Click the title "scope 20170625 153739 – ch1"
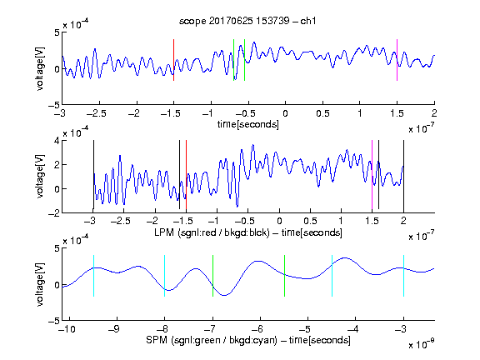coord(247,21)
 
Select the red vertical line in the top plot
coord(174,60)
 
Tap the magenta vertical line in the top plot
coord(397,60)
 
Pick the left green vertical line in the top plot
coord(233,60)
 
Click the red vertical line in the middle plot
coord(186,174)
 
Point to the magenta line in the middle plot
coord(372,174)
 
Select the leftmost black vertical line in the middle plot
coord(93,174)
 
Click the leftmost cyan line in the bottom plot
coord(93,276)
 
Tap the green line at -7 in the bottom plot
coord(212,276)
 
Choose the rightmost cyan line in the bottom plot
coord(403,276)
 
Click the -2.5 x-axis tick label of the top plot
coord(97,113)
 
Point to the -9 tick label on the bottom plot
coord(114,329)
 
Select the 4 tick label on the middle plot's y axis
coord(56,141)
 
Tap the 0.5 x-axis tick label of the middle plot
coord(310,221)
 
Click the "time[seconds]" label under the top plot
coord(248,124)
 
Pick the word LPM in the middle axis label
coord(164,232)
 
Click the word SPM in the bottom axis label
coord(157,340)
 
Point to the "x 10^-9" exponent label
coord(422,344)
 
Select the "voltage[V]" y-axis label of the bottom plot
coord(40,285)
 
